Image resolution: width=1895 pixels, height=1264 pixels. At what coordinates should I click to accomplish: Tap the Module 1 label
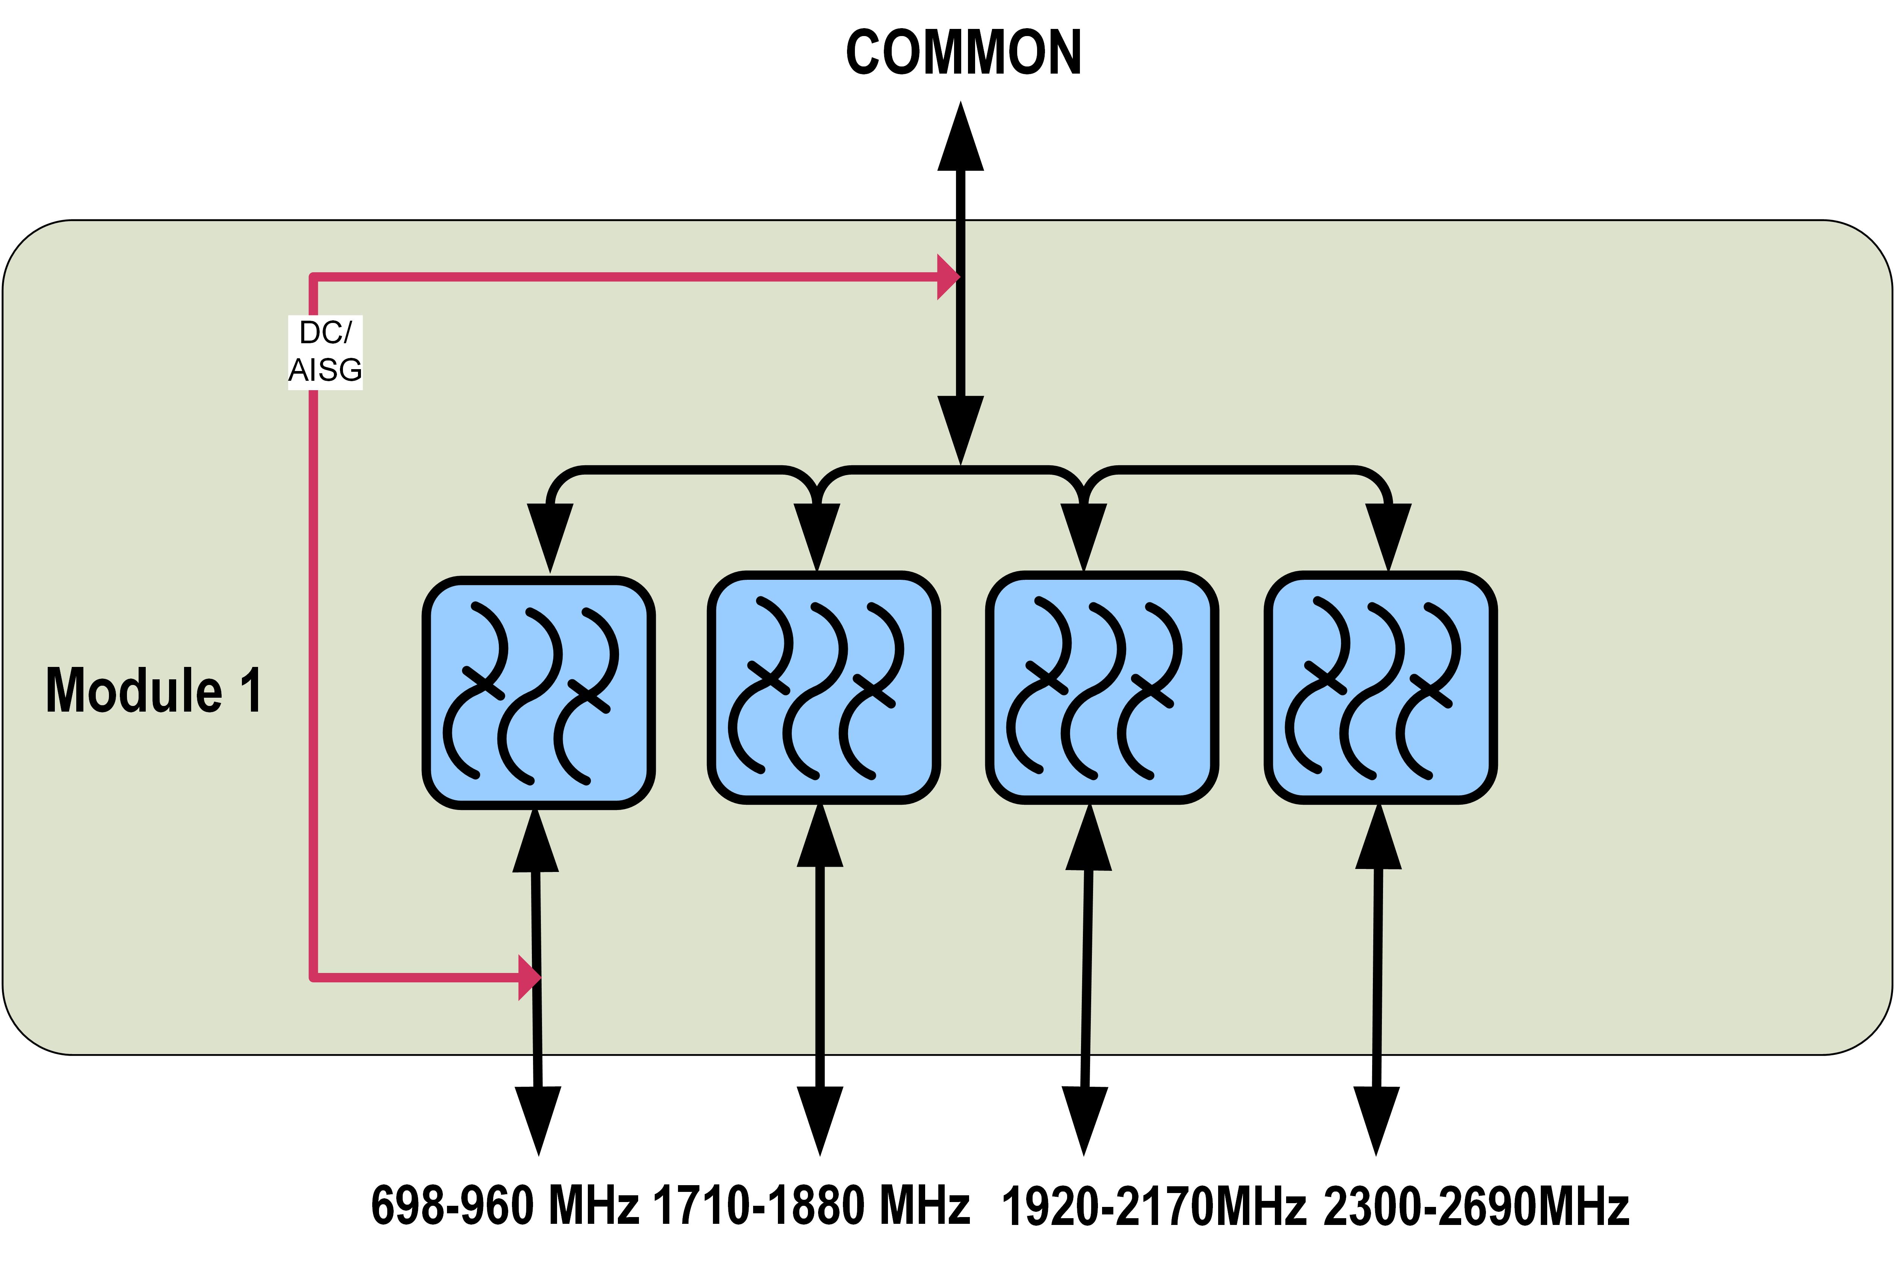point(153,691)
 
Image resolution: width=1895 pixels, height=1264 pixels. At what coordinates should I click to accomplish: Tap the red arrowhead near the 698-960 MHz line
point(528,978)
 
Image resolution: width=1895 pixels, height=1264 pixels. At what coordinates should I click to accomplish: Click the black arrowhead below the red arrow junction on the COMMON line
point(960,427)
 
